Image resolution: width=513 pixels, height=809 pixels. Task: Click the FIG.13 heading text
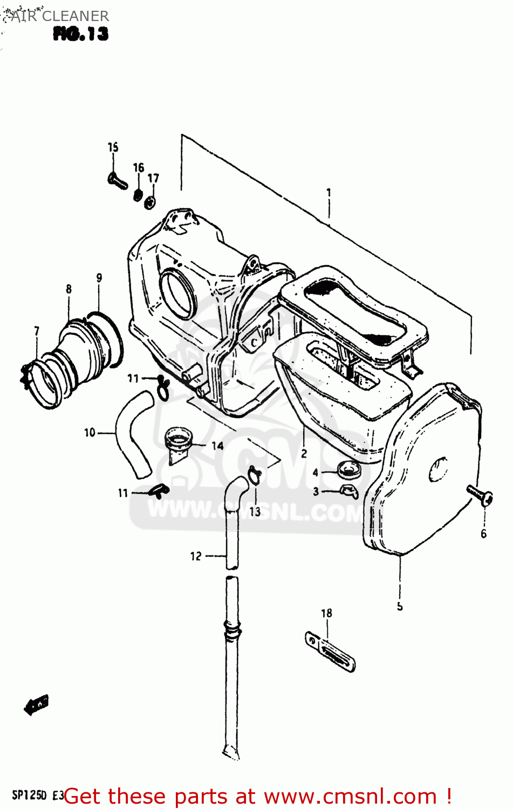click(80, 34)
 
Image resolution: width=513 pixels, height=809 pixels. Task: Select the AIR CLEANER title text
click(59, 16)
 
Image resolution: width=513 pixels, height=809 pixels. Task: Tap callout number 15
click(113, 147)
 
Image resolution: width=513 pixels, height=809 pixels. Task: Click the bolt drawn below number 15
click(117, 180)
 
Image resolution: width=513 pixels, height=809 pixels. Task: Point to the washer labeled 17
click(150, 202)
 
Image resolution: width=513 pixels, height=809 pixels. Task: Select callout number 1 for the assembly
click(329, 193)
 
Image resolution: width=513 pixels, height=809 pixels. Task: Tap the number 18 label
click(326, 613)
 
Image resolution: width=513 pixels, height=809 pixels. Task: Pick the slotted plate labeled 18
click(330, 652)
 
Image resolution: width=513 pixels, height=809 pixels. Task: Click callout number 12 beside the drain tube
click(195, 556)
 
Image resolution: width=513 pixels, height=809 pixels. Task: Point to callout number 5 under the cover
click(400, 606)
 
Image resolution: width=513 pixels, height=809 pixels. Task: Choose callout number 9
click(99, 278)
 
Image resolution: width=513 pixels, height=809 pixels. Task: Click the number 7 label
click(36, 331)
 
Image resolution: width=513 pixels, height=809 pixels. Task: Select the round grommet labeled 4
click(348, 469)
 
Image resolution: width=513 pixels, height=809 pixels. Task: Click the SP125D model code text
click(30, 795)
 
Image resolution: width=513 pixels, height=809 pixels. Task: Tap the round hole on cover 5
click(438, 469)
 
